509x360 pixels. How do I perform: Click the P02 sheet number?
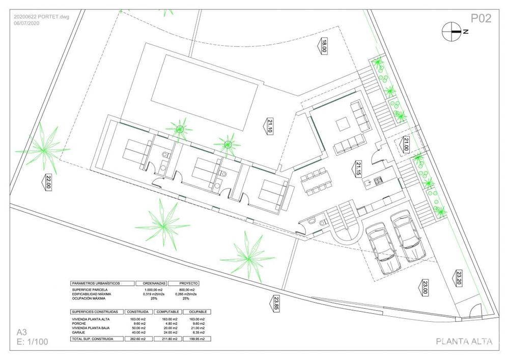pyautogui.click(x=480, y=19)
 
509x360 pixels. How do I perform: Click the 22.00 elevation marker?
pyautogui.click(x=48, y=182)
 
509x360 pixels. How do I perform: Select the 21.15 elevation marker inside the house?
pyautogui.click(x=358, y=169)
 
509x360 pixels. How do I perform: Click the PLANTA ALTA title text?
pyautogui.click(x=464, y=342)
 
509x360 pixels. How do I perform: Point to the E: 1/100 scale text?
pyautogui.click(x=33, y=342)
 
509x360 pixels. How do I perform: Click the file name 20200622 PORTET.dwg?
pyautogui.click(x=41, y=16)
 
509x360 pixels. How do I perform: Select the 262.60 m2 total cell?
pyautogui.click(x=136, y=339)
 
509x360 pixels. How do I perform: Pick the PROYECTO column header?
pyautogui.click(x=183, y=283)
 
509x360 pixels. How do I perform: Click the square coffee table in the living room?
pyautogui.click(x=342, y=124)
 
